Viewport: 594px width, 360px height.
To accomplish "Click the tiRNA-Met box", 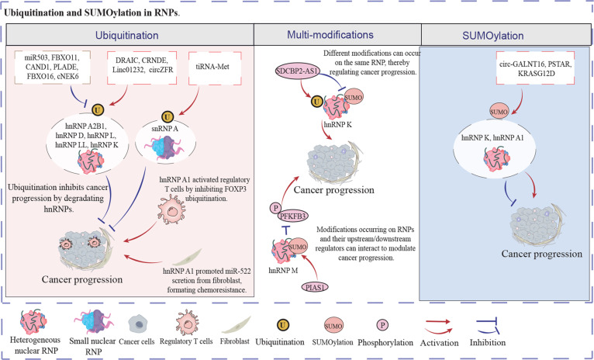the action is tap(210, 68).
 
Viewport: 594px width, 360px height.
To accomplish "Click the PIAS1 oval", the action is tap(314, 287).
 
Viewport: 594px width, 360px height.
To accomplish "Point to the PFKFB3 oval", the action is tap(292, 216).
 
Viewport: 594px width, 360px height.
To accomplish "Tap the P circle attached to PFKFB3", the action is tap(275, 208).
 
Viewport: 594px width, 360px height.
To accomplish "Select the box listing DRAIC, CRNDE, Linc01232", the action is tap(143, 68).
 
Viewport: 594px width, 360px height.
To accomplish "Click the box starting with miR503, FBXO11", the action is tap(54, 67).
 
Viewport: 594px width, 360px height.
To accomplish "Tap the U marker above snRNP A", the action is tap(165, 116).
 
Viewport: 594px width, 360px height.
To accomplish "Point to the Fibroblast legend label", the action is tap(234, 341).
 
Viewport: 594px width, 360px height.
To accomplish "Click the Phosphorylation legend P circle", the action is tap(382, 326).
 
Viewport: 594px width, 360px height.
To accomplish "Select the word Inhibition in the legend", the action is tap(488, 342).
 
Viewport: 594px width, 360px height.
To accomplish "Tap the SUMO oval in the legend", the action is tap(333, 326).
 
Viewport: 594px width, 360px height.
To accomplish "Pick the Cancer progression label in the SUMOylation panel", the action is tap(542, 254).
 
